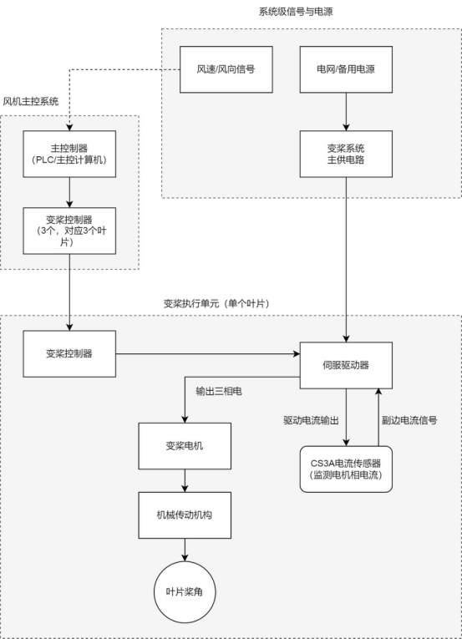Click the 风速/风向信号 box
click(227, 68)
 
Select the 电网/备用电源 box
click(346, 68)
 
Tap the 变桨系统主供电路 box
click(346, 153)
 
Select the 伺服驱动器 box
click(346, 365)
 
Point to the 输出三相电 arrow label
click(219, 391)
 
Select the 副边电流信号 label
click(409, 419)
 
